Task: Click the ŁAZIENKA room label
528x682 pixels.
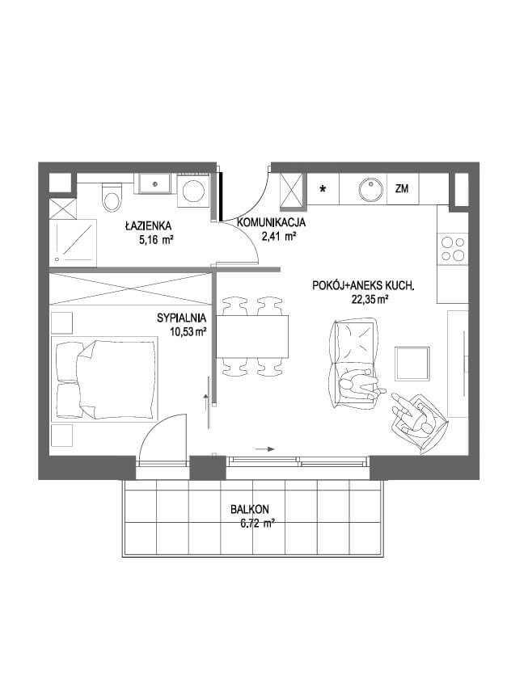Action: [x=148, y=226]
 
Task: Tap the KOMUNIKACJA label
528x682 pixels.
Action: [x=271, y=223]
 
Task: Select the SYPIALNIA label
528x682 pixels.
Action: [x=181, y=318]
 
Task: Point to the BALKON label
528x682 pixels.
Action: [x=249, y=509]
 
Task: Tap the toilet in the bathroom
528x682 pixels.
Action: [x=112, y=197]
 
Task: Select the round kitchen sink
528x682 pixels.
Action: [x=371, y=189]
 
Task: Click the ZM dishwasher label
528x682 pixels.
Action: [x=402, y=189]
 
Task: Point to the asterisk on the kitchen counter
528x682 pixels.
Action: [x=323, y=189]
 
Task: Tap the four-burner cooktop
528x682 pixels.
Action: [x=453, y=249]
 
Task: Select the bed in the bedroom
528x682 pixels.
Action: [x=104, y=379]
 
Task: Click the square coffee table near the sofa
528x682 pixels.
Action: [x=412, y=363]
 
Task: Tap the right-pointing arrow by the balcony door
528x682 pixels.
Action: [x=265, y=449]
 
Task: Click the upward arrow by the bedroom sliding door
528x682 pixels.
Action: [x=206, y=404]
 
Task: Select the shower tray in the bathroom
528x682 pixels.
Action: [x=73, y=242]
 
